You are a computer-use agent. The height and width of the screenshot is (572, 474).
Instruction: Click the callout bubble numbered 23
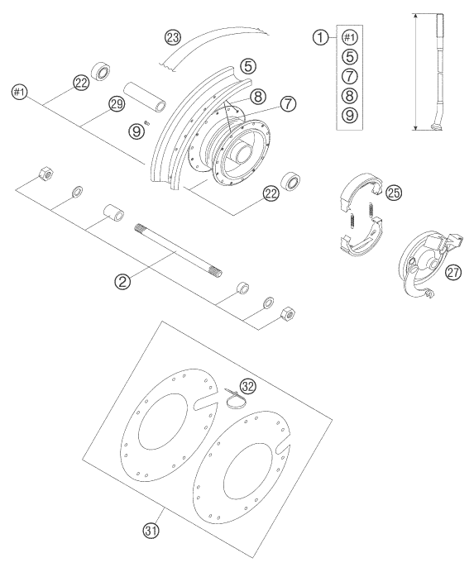pos(173,37)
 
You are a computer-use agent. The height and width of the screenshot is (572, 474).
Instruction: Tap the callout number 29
pos(117,104)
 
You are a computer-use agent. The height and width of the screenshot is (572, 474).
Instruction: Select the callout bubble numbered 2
pos(122,281)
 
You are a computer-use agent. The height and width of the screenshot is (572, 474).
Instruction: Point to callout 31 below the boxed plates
pos(151,531)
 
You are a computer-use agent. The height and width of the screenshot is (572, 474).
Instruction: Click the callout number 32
pos(247,386)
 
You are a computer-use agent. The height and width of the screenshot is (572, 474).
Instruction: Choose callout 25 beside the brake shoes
pos(394,193)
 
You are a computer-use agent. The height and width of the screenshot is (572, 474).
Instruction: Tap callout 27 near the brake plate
pos(453,272)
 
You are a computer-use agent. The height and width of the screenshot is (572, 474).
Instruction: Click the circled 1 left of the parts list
pos(320,37)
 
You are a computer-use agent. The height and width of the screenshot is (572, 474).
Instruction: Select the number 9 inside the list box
pos(349,115)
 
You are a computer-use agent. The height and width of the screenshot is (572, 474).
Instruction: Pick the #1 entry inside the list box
pos(349,37)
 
